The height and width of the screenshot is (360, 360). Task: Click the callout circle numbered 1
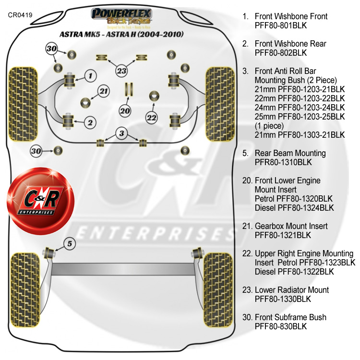point(90,75)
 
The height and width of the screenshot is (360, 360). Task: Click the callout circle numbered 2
point(90,123)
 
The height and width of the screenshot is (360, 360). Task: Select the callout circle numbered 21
point(104,91)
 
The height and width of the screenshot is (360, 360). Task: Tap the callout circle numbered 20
point(125,111)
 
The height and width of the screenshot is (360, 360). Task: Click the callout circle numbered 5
point(69,244)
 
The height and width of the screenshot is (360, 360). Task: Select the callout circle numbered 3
point(122,133)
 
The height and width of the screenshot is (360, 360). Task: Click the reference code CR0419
point(20,15)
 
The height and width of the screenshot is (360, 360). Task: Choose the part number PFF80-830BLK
point(280,326)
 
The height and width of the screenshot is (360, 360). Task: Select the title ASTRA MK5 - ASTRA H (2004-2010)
point(121,35)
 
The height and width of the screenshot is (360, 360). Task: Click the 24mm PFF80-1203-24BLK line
point(300,108)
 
